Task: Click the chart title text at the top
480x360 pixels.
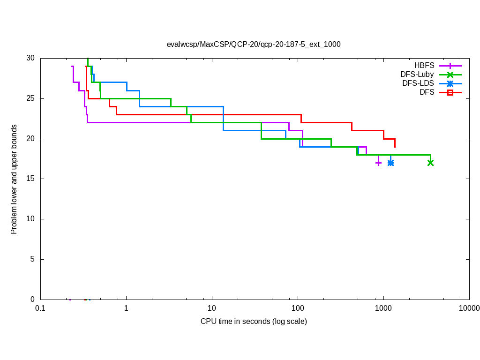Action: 254,45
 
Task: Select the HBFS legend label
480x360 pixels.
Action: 424,66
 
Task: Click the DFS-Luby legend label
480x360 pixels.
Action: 417,75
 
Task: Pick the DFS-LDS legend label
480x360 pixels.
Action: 418,83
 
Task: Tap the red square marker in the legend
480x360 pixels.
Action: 450,92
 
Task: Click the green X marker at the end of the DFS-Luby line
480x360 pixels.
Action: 430,163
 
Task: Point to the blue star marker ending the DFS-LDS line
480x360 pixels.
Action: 390,163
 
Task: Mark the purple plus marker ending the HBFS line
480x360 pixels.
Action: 378,163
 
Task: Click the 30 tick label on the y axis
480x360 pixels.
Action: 30,58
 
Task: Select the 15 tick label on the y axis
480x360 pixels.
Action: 30,179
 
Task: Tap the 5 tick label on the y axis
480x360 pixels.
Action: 32,259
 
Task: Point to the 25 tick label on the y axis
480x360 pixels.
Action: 30,98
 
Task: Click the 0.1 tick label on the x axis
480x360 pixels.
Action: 40,308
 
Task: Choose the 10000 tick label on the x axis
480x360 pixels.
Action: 469,308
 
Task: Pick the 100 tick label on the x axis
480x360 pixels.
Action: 298,308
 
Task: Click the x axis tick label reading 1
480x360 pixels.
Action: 126,308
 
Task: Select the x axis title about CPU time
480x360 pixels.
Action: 254,322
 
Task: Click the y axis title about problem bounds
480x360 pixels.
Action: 14,179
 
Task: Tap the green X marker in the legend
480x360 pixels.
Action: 450,75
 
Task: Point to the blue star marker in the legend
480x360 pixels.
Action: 450,83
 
